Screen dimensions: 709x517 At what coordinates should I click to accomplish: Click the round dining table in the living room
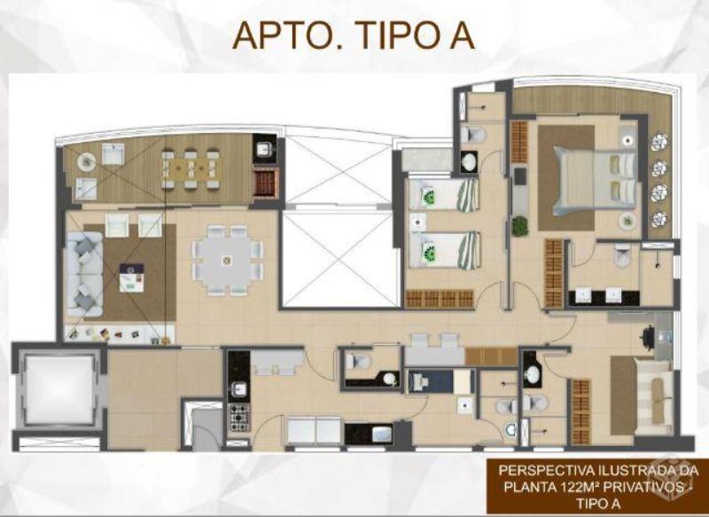pyautogui.click(x=227, y=260)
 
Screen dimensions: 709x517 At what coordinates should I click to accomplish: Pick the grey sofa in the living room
pyautogui.click(x=84, y=274)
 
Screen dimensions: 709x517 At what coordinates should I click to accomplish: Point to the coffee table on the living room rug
pyautogui.click(x=132, y=278)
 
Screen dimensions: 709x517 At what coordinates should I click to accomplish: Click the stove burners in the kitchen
pyautogui.click(x=238, y=417)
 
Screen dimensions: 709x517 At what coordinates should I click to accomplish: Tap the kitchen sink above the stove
pyautogui.click(x=238, y=388)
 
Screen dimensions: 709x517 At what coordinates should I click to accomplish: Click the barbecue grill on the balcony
pyautogui.click(x=264, y=182)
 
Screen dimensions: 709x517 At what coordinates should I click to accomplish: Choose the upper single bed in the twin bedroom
pyautogui.click(x=443, y=195)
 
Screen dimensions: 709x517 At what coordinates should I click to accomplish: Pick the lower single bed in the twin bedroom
pyautogui.click(x=443, y=250)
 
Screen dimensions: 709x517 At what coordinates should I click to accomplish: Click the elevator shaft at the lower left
pyautogui.click(x=58, y=390)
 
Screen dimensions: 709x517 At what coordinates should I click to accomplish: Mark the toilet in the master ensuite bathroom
pyautogui.click(x=623, y=256)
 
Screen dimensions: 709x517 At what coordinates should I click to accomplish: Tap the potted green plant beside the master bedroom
pyautogui.click(x=520, y=225)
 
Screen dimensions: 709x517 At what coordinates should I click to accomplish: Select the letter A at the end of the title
pyautogui.click(x=462, y=35)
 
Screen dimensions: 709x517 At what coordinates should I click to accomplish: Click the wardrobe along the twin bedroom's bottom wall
pyautogui.click(x=439, y=299)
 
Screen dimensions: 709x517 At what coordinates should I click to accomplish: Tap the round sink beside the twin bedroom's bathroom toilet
pyautogui.click(x=470, y=161)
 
